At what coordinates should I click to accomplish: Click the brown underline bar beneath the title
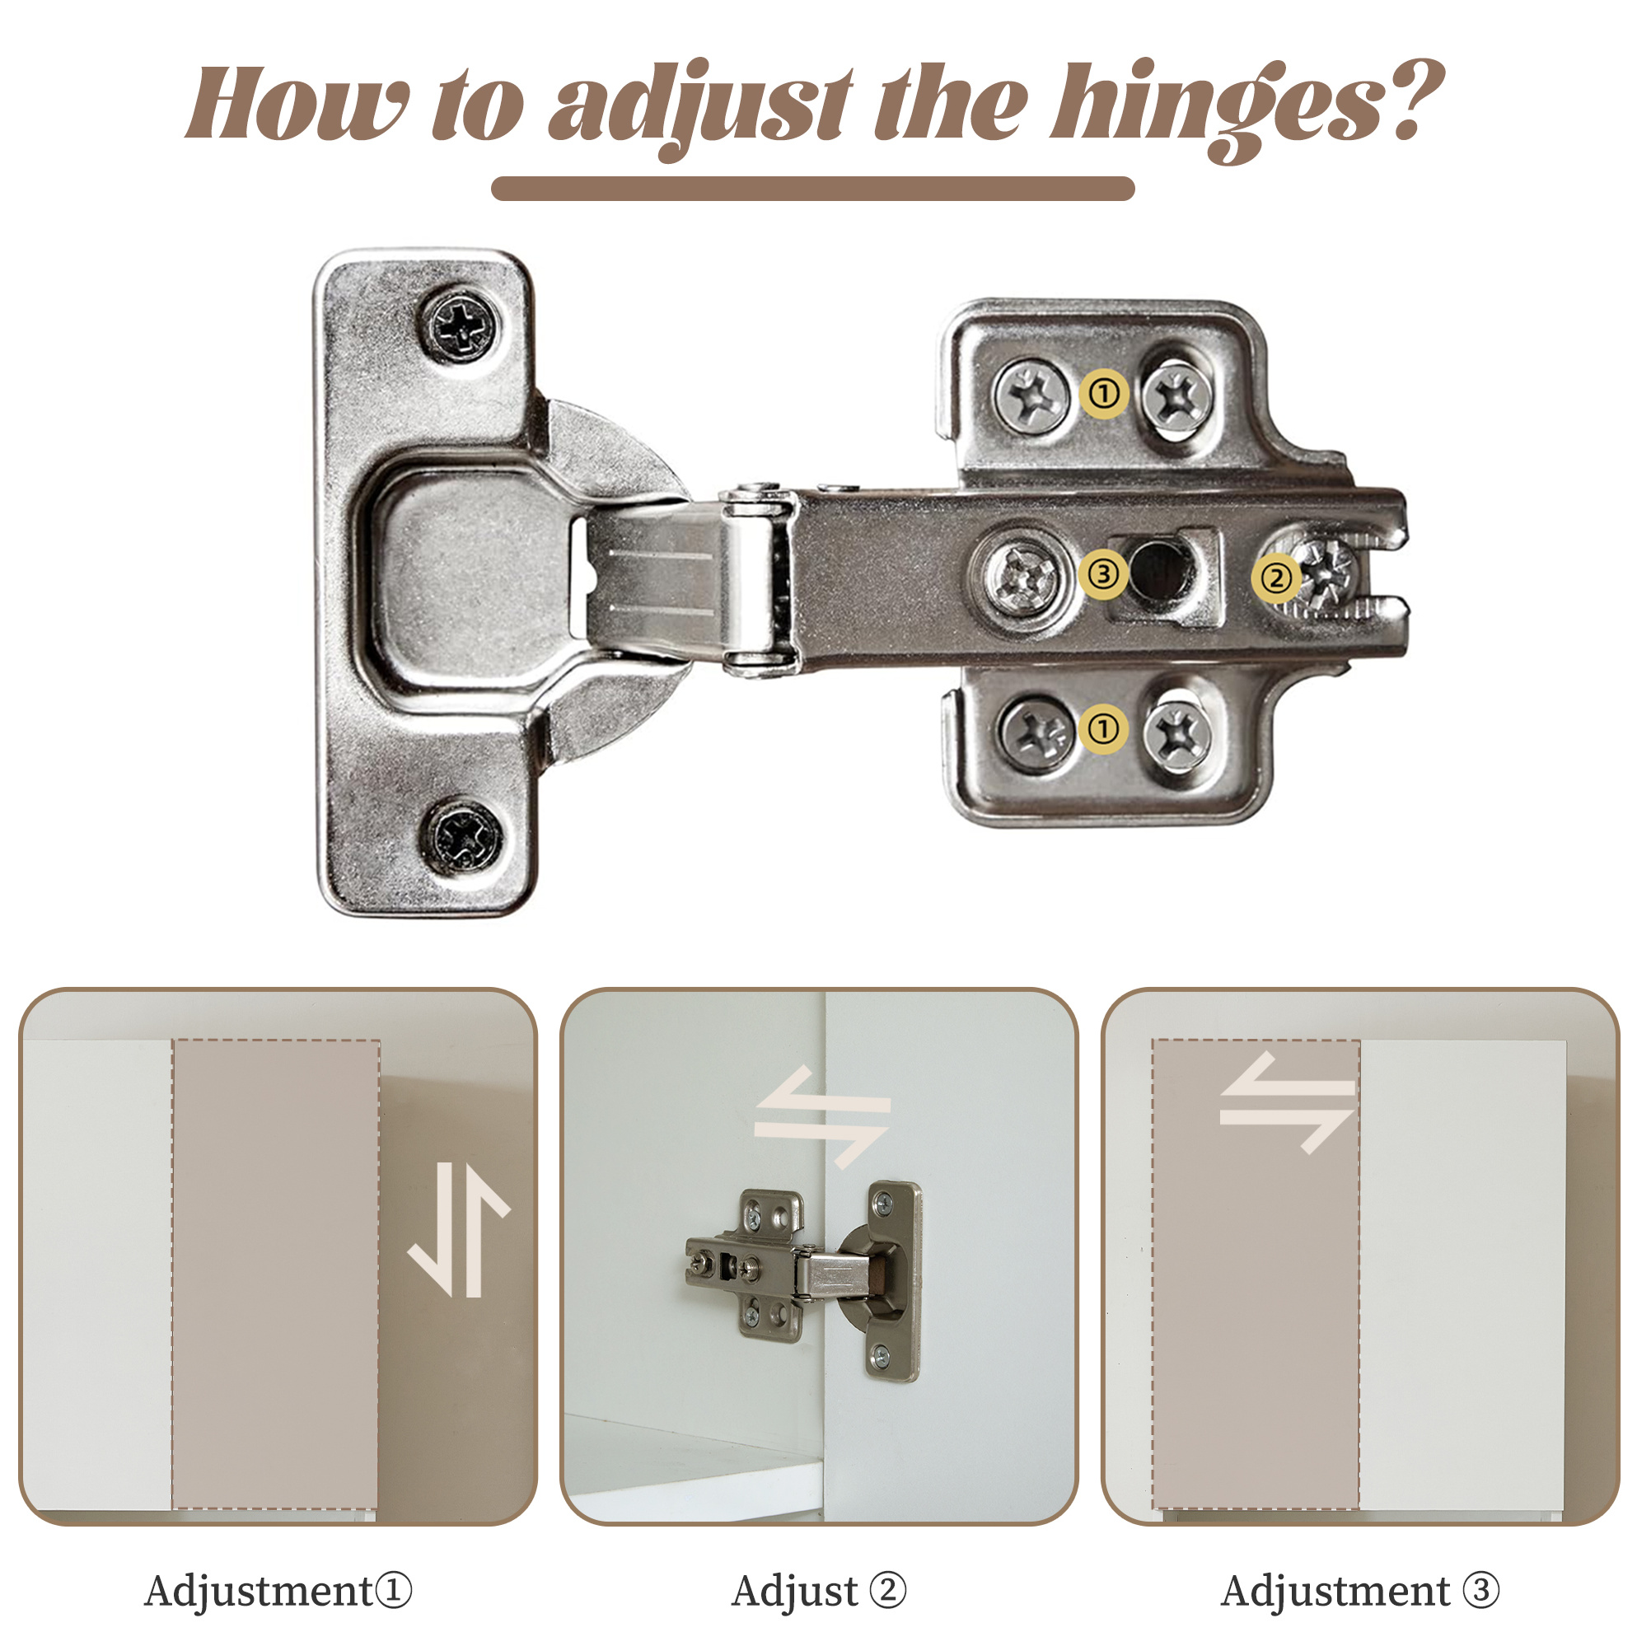[x=812, y=188]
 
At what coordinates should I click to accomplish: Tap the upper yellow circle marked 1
[x=1104, y=394]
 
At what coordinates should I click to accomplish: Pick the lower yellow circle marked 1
[x=1103, y=729]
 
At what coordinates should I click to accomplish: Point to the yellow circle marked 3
[x=1103, y=574]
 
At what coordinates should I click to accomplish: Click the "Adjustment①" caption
[x=278, y=1590]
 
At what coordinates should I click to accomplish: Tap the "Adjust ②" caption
[x=819, y=1591]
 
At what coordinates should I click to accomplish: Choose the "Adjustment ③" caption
[x=1360, y=1590]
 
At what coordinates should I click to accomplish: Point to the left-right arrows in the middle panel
[x=822, y=1117]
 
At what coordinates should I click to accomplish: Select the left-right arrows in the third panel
[x=1287, y=1101]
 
